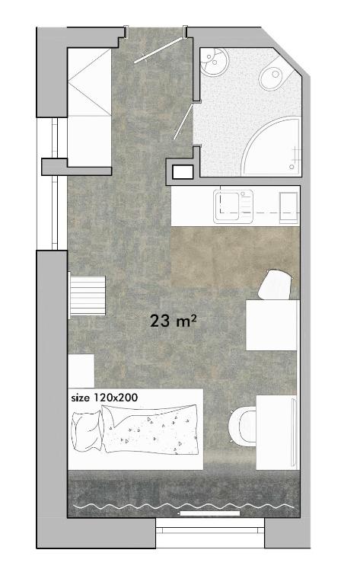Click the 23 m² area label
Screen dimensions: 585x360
[x=174, y=321]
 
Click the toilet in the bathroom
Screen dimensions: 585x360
[x=271, y=76]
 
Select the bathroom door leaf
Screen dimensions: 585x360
[x=183, y=121]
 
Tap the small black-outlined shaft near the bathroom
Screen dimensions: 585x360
[x=183, y=172]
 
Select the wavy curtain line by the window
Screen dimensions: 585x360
[x=183, y=506]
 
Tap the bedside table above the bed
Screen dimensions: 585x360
[x=81, y=371]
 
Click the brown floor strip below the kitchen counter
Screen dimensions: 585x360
[x=232, y=256]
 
